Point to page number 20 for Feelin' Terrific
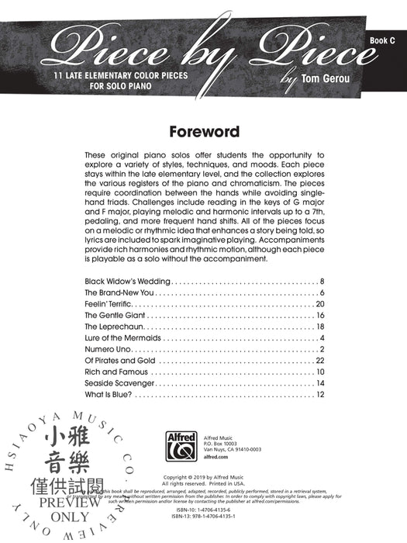(x=319, y=305)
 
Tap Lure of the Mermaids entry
(x=122, y=342)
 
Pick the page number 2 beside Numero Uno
(x=322, y=355)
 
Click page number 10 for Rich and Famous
(x=319, y=379)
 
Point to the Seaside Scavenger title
(x=119, y=392)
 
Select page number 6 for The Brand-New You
(x=322, y=292)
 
